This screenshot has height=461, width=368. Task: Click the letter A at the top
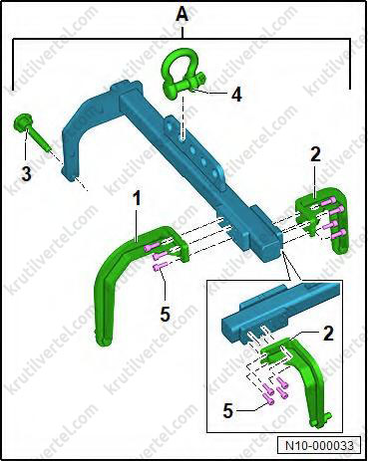(182, 15)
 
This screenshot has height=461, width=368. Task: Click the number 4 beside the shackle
(235, 96)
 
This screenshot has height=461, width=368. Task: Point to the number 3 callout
(26, 173)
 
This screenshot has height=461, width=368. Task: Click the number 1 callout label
(137, 198)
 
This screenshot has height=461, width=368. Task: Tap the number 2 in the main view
(315, 154)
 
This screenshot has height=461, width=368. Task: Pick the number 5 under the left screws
(166, 314)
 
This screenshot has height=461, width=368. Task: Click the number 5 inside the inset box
(227, 411)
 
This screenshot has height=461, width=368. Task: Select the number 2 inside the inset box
(328, 334)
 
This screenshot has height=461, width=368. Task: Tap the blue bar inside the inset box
(279, 311)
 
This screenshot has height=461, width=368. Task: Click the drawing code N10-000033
(319, 445)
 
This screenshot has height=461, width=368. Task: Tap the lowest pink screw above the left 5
(160, 266)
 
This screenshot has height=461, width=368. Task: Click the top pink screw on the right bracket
(327, 201)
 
